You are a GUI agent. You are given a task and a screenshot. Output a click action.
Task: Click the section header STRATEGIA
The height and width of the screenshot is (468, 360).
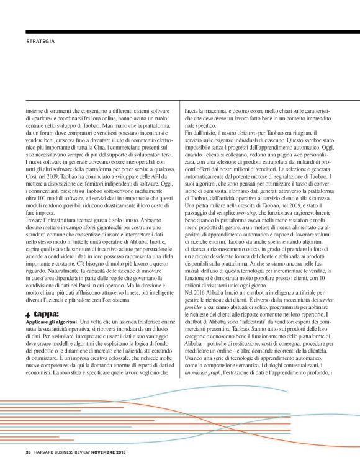[x=40, y=41]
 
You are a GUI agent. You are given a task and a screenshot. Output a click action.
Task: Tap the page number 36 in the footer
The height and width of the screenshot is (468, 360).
[x=28, y=451]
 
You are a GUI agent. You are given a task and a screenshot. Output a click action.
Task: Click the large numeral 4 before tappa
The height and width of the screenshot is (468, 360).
[x=28, y=315]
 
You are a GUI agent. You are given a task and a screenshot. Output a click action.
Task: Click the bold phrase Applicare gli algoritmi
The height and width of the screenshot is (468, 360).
[x=52, y=323]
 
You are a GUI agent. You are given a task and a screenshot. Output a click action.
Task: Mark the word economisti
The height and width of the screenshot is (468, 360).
[x=42, y=374]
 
